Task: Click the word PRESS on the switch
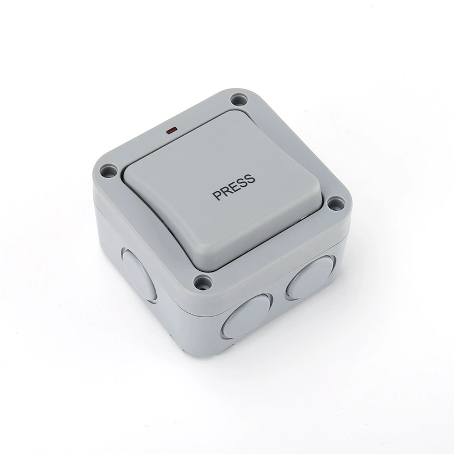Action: [x=234, y=187]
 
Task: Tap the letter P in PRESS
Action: [x=217, y=195]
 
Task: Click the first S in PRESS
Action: [x=243, y=183]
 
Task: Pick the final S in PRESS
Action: [x=251, y=179]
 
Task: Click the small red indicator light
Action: [x=171, y=131]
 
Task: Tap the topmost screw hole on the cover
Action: [x=239, y=100]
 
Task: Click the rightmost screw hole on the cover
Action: [x=336, y=204]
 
